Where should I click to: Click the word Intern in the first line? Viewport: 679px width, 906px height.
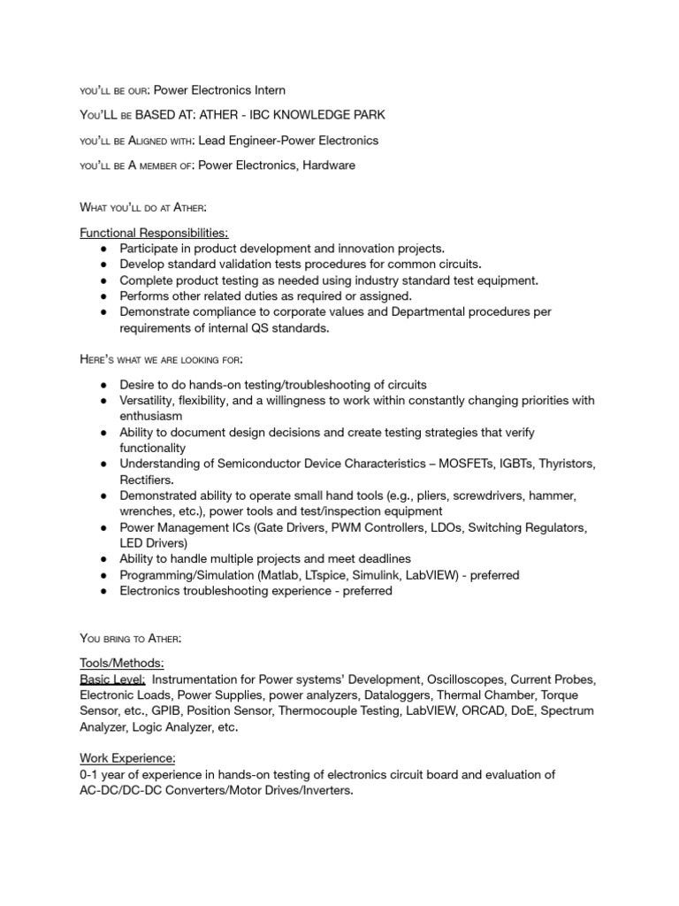pyautogui.click(x=267, y=90)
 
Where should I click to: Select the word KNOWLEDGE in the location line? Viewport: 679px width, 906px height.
pyautogui.click(x=313, y=115)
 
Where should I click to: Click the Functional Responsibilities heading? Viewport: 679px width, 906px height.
pyautogui.click(x=154, y=233)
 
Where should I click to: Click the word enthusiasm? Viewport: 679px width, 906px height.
pyautogui.click(x=151, y=416)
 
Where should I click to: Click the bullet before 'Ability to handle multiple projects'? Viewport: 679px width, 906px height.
pyautogui.click(x=103, y=559)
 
